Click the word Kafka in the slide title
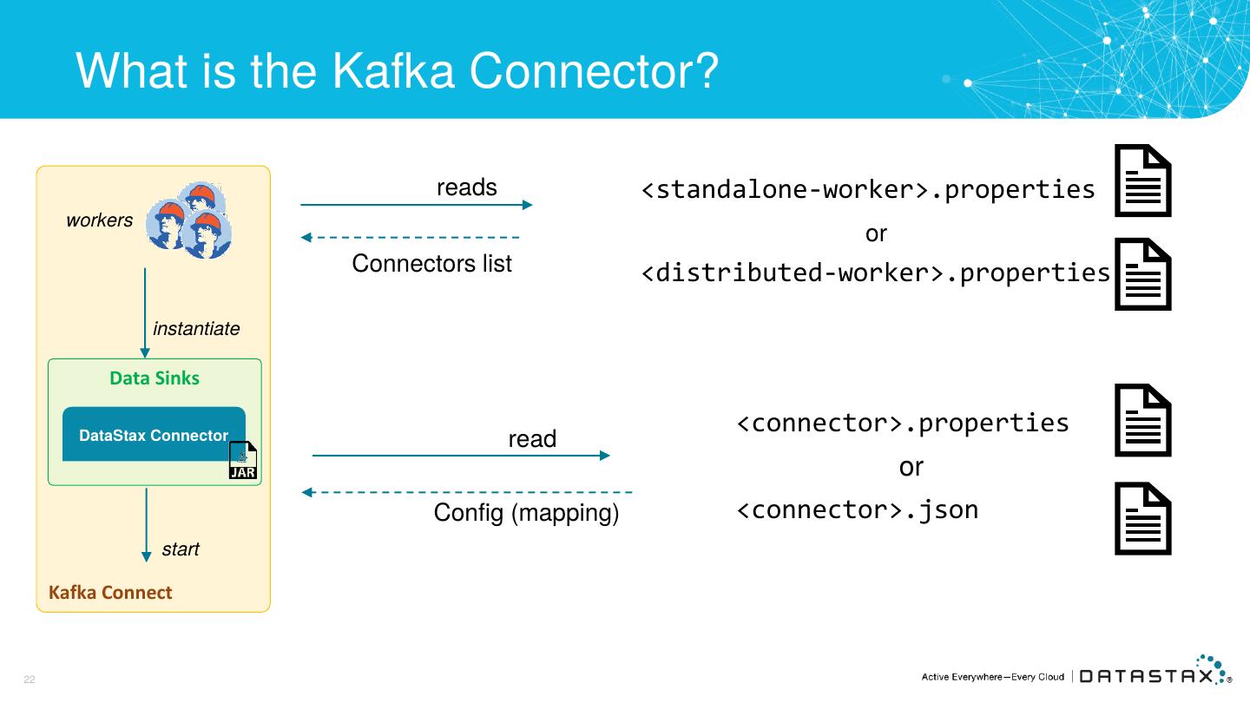pyautogui.click(x=393, y=71)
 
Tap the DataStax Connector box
pyautogui.click(x=154, y=434)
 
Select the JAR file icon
pyautogui.click(x=243, y=460)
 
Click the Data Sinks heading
pyautogui.click(x=155, y=378)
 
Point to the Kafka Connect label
pyautogui.click(x=110, y=592)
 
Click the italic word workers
pyautogui.click(x=99, y=220)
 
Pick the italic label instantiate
pyautogui.click(x=196, y=329)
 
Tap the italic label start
pyautogui.click(x=181, y=549)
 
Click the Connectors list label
pyautogui.click(x=431, y=263)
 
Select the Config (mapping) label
pyautogui.click(x=526, y=513)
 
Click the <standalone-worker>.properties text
pyautogui.click(x=868, y=190)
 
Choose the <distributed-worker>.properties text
pyautogui.click(x=876, y=273)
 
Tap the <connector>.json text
pyautogui.click(x=857, y=510)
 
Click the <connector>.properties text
pyautogui.click(x=903, y=423)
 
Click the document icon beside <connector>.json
pyautogui.click(x=1143, y=518)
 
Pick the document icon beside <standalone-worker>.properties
pyautogui.click(x=1143, y=181)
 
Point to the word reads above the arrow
pyautogui.click(x=466, y=187)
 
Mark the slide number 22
pyautogui.click(x=30, y=680)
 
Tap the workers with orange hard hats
pyautogui.click(x=188, y=220)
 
